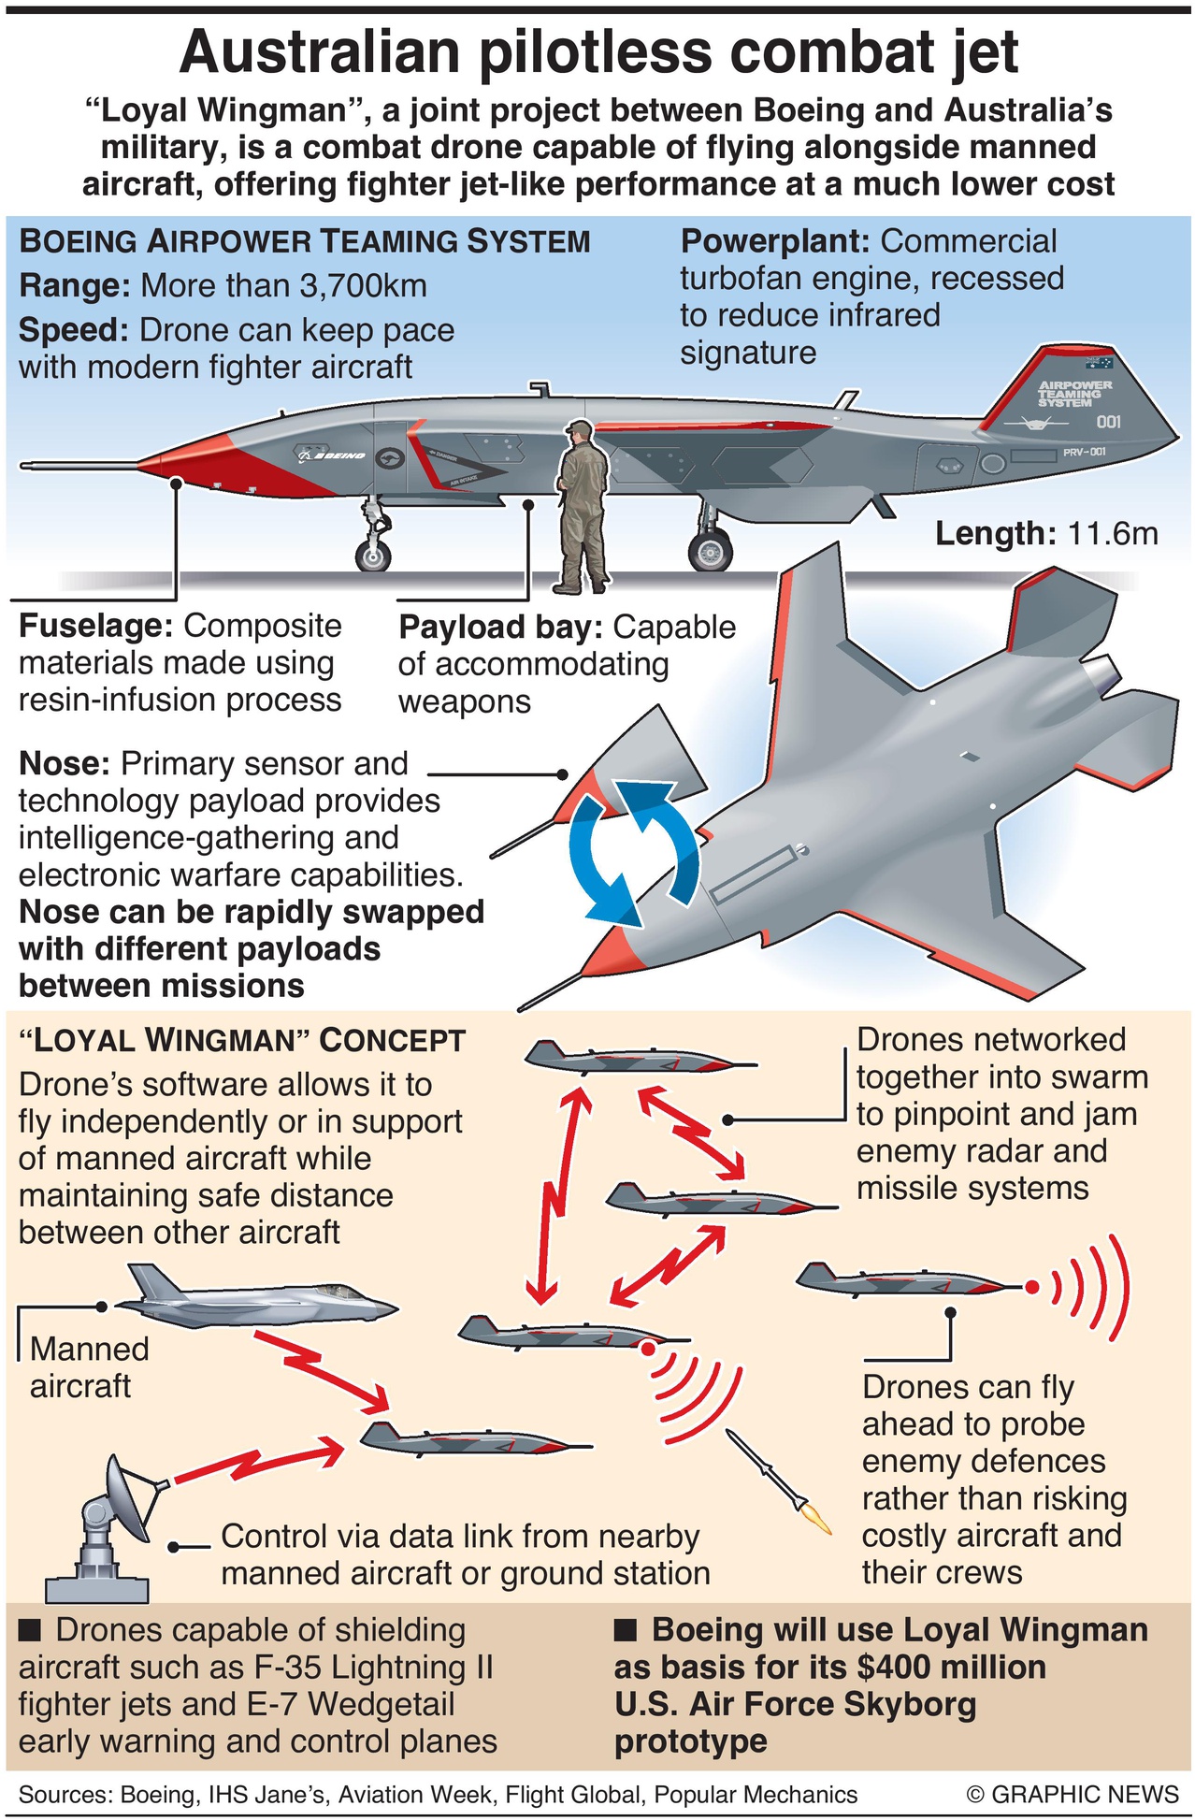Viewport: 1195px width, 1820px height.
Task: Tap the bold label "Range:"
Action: tap(74, 285)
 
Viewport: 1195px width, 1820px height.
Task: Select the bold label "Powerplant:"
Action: tap(775, 241)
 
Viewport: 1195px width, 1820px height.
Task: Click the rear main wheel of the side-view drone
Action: tap(711, 549)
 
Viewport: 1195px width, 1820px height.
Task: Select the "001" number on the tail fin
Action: tap(1108, 422)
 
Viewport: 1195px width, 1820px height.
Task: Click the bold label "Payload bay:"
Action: tap(500, 628)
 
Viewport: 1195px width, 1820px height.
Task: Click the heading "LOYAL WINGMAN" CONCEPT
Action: tap(242, 1040)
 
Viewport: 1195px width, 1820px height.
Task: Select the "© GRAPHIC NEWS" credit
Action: tap(1073, 1794)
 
